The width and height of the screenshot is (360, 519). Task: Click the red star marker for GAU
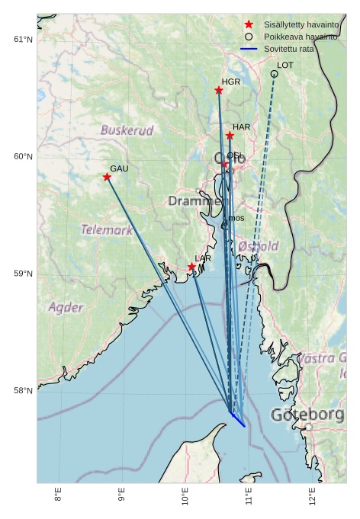107,177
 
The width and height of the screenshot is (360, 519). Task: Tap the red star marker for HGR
219,91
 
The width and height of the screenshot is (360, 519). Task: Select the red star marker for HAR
230,136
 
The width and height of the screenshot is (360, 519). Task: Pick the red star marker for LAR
192,267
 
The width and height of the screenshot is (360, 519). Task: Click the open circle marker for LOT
274,74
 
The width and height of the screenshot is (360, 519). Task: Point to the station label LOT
285,66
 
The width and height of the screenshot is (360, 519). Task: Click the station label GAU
119,168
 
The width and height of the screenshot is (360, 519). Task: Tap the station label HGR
231,82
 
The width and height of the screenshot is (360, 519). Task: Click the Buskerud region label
127,130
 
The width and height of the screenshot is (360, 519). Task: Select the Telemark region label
107,229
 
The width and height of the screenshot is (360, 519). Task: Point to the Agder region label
66,308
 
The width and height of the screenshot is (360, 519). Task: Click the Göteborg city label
307,415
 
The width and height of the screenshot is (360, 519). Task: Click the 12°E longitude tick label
313,497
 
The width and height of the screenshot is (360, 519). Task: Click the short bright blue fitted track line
238,419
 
